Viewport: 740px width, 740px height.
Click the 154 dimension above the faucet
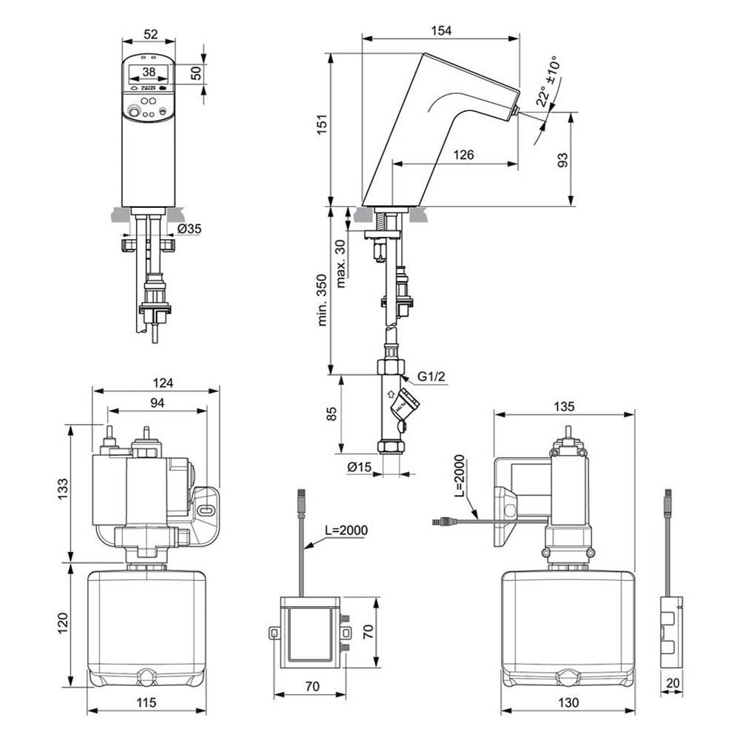tap(443, 30)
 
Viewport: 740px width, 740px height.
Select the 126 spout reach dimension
tap(465, 155)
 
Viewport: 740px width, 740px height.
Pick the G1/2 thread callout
tap(431, 377)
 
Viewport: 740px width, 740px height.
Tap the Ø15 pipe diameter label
tap(359, 466)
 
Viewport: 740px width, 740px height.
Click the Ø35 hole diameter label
tap(189, 229)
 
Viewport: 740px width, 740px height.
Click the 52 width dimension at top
tap(149, 34)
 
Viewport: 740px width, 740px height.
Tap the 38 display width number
tap(149, 72)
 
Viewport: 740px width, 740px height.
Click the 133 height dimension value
tap(63, 488)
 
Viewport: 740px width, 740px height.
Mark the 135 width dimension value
tap(564, 406)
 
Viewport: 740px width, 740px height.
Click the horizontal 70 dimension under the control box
tap(312, 686)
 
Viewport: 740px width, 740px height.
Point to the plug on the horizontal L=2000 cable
tap(443, 522)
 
